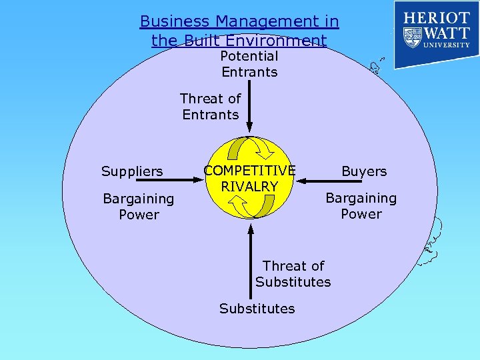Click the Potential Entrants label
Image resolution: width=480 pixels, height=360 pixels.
pyautogui.click(x=249, y=64)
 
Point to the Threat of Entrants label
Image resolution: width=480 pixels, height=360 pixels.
pyautogui.click(x=210, y=107)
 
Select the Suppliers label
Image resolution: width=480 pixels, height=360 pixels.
pyautogui.click(x=132, y=171)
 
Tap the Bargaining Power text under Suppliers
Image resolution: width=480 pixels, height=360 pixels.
pyautogui.click(x=139, y=207)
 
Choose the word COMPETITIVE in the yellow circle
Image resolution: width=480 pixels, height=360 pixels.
pyautogui.click(x=249, y=171)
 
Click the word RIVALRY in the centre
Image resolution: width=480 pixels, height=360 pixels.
pyautogui.click(x=249, y=186)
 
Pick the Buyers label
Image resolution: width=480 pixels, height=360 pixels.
pyautogui.click(x=364, y=171)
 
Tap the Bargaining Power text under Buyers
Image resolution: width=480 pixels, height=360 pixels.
pyautogui.click(x=361, y=206)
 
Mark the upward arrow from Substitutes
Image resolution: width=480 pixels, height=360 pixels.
pyautogui.click(x=251, y=256)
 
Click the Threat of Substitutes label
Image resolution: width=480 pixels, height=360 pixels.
pyautogui.click(x=293, y=274)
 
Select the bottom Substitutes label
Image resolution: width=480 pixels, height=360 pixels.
pyautogui.click(x=257, y=309)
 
